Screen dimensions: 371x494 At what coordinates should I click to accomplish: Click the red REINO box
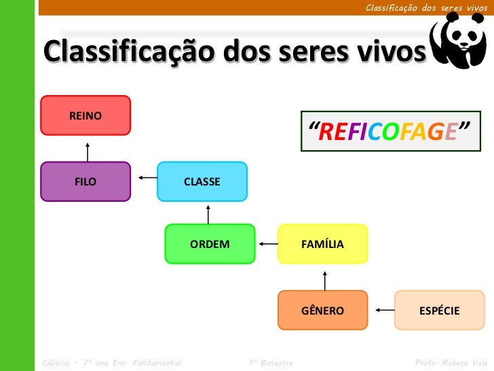point(85,116)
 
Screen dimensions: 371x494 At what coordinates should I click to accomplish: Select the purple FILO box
point(85,181)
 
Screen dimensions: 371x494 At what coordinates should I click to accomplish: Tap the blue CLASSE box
point(202,181)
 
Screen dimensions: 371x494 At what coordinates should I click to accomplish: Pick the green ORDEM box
point(210,244)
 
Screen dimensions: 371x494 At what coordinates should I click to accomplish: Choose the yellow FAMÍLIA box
point(323,244)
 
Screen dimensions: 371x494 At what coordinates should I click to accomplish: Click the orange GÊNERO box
point(323,311)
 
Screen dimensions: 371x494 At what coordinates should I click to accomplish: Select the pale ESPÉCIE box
point(440,311)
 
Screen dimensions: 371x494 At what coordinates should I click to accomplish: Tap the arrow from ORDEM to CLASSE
point(208,213)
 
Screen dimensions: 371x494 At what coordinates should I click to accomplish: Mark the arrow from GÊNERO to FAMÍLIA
point(325,279)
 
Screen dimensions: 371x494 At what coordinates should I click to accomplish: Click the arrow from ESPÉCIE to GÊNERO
point(384,311)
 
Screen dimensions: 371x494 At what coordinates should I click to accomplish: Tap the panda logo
point(458,42)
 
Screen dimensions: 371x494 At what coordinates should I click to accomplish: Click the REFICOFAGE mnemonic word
point(390,130)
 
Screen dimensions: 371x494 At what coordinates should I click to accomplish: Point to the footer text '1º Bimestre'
point(271,363)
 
